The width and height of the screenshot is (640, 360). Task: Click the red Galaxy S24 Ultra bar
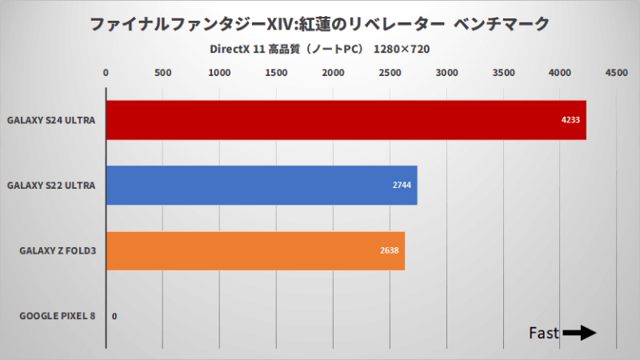(x=346, y=120)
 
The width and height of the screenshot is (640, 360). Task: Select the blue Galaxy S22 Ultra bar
(x=262, y=185)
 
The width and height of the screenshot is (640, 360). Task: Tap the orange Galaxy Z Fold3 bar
(x=255, y=250)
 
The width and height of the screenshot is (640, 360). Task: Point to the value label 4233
(x=570, y=120)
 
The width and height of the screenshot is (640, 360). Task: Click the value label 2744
(x=402, y=186)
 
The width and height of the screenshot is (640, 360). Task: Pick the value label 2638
(x=390, y=250)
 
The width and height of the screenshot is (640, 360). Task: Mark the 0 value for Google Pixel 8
(x=114, y=316)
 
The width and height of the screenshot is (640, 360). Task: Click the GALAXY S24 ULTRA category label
(x=51, y=121)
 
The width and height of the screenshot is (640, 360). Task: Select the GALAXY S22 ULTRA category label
(x=51, y=186)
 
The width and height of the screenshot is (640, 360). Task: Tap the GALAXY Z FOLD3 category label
(x=58, y=251)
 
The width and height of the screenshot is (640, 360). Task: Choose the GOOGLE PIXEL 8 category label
(x=57, y=316)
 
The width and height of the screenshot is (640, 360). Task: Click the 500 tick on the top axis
(x=162, y=74)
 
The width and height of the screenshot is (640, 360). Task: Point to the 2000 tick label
(x=333, y=74)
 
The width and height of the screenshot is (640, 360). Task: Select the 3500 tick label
(x=503, y=74)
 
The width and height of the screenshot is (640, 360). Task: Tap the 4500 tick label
(x=616, y=74)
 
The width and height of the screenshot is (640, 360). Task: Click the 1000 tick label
(x=219, y=74)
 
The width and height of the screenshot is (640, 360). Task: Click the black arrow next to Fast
(x=580, y=333)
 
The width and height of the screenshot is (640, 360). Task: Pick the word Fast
(x=544, y=333)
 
